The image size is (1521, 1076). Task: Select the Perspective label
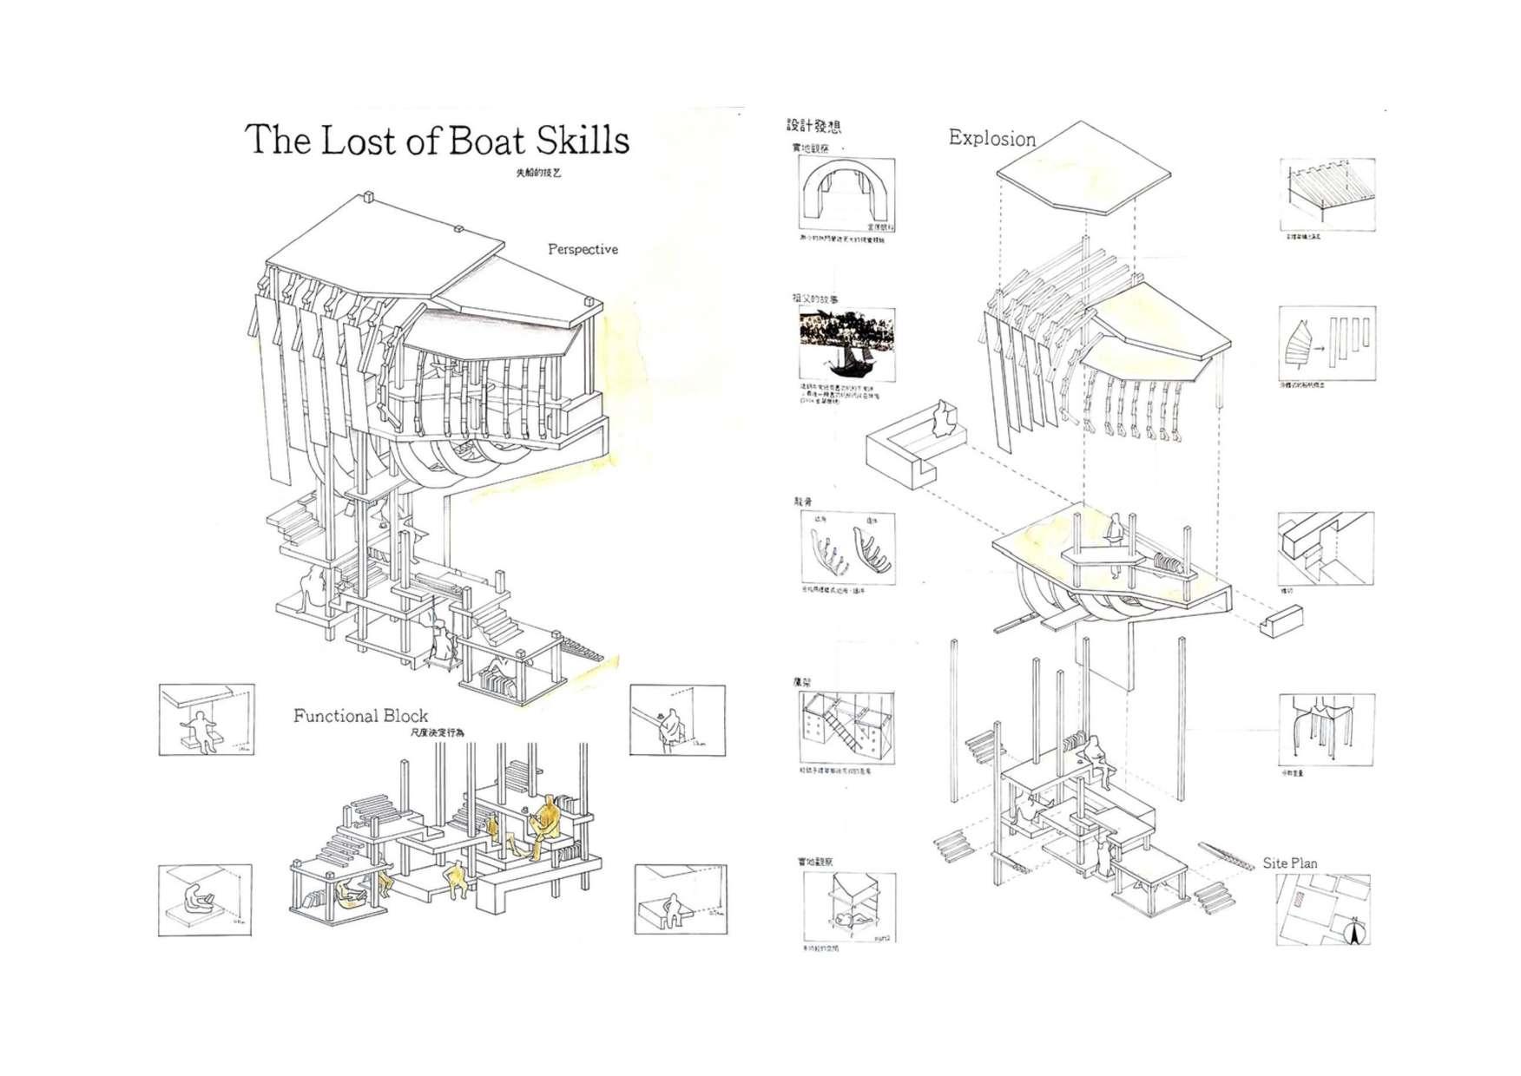pos(583,249)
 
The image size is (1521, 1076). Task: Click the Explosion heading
pos(991,138)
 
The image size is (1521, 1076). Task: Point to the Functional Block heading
pos(360,716)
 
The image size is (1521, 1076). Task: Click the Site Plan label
pos(1289,863)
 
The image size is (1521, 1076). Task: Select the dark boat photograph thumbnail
pos(846,344)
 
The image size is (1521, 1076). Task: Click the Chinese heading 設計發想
pos(813,127)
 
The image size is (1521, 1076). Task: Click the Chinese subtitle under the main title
pos(538,173)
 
